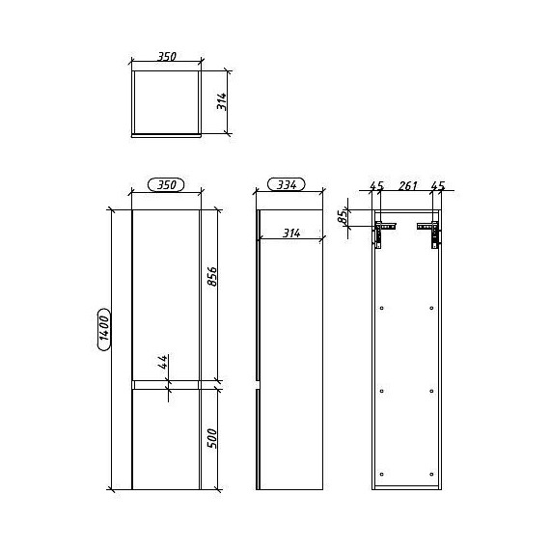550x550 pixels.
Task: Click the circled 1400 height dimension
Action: pos(104,329)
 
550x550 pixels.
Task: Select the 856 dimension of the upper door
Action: pos(212,277)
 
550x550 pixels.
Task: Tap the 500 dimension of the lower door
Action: pos(212,438)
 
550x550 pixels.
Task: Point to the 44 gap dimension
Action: pos(162,362)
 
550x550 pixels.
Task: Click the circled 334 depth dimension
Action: pos(287,184)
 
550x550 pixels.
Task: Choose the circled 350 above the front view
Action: pos(166,184)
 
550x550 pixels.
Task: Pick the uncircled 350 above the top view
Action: pos(166,57)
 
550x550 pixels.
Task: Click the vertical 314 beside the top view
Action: pos(221,101)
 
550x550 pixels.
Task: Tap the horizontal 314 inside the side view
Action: pos(291,233)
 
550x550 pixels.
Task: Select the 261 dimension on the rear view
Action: pos(407,185)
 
